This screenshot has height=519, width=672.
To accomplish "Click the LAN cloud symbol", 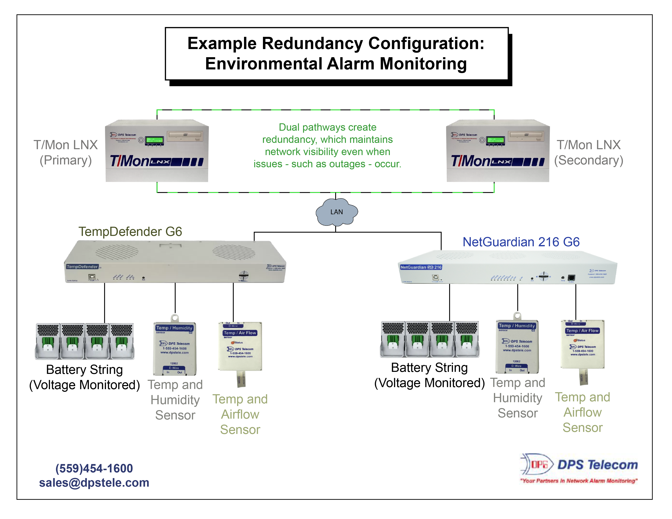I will (x=336, y=212).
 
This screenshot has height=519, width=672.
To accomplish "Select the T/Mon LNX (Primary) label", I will (x=66, y=153).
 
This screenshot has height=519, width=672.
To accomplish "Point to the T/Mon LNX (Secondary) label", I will (x=588, y=153).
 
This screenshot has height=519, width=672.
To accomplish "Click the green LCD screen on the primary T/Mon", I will (x=154, y=140).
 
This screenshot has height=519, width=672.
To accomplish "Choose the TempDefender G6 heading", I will (x=130, y=232).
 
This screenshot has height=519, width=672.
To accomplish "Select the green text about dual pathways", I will (x=327, y=146).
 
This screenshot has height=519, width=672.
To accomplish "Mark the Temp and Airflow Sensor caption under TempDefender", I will (x=240, y=414).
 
